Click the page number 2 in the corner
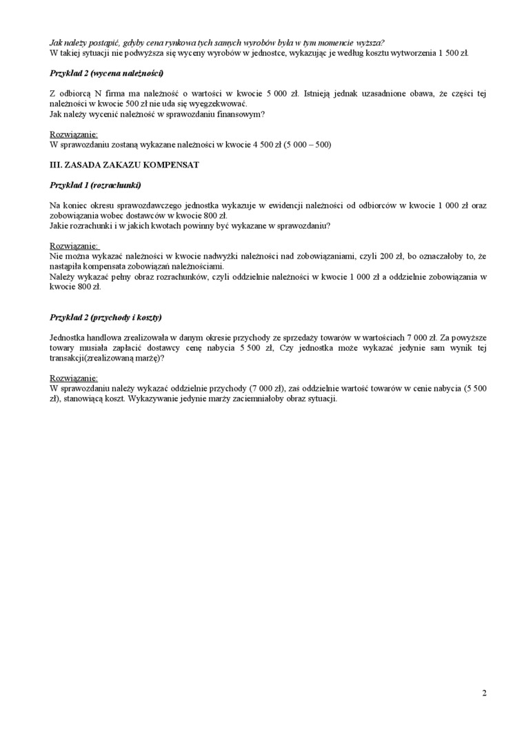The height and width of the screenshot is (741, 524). pyautogui.click(x=485, y=693)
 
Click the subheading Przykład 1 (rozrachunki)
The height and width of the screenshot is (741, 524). pyautogui.click(x=96, y=185)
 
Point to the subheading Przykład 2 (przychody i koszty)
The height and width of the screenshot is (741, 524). pyautogui.click(x=106, y=317)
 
